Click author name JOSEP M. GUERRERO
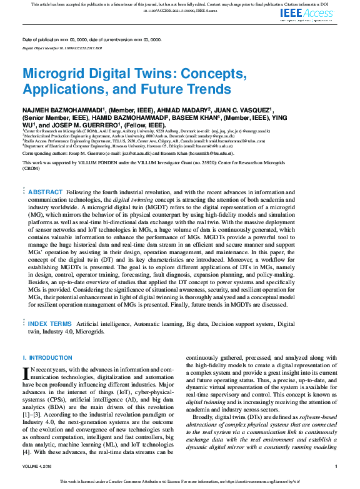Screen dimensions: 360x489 [84, 124]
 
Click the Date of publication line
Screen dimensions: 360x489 [92, 39]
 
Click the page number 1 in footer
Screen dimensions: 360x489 [336, 466]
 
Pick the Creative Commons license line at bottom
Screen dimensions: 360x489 [179, 482]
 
